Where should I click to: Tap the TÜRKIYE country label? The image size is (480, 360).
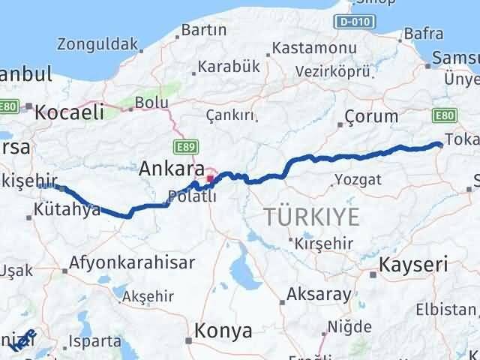(311, 217)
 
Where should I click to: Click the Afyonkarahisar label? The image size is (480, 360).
(132, 263)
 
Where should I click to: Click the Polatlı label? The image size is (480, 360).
(190, 196)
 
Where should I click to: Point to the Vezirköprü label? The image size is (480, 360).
(334, 70)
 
